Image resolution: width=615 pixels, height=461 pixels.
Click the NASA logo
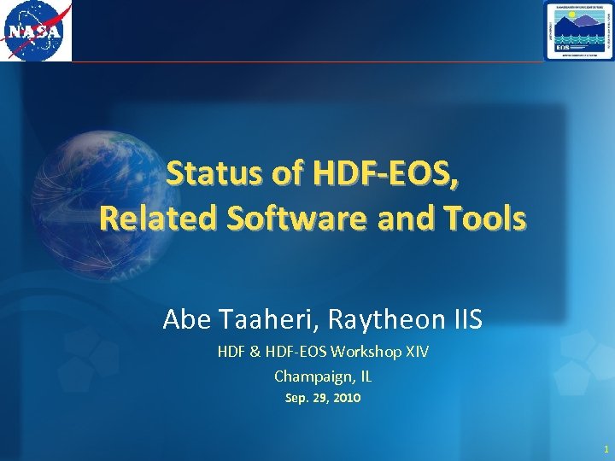coord(37,31)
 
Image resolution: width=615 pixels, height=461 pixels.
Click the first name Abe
coord(184,320)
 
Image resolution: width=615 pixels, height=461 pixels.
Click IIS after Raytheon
coord(466,320)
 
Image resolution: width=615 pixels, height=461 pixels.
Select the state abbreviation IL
coord(365,376)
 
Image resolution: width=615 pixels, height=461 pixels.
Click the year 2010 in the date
coord(346,398)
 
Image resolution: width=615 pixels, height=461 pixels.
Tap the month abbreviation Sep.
coord(294,398)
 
